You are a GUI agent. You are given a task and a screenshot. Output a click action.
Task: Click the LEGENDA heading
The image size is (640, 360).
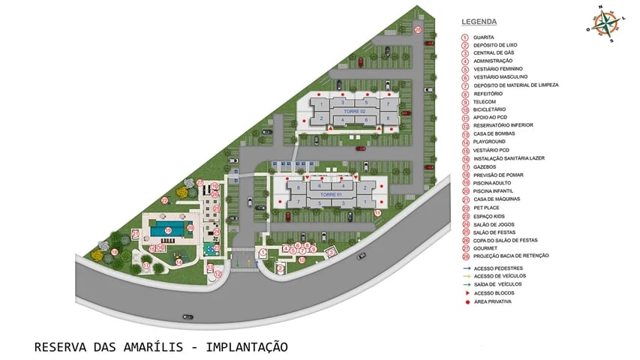click(479, 22)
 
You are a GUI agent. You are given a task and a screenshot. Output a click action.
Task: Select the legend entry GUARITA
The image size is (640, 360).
click(486, 37)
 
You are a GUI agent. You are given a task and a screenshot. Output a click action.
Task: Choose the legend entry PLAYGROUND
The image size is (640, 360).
click(489, 142)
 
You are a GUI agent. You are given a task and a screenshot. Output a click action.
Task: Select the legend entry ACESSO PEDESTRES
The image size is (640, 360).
click(498, 268)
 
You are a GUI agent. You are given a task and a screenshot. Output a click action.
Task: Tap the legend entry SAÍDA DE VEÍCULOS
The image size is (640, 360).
click(498, 284)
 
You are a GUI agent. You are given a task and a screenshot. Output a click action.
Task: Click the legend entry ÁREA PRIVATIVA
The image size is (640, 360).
click(493, 301)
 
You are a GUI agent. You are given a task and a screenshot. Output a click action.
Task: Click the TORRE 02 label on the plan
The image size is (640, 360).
click(354, 111)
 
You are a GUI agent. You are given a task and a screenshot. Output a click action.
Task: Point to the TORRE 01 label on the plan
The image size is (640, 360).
click(331, 194)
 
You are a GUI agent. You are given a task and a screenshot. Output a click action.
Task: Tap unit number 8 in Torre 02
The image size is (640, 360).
click(388, 118)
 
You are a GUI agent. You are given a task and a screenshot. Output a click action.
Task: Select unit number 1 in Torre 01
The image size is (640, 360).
click(365, 202)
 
